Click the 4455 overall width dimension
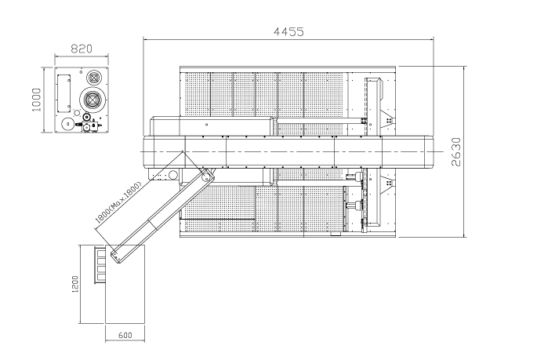click(288, 32)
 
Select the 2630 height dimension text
click(456, 152)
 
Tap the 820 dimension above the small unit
click(82, 49)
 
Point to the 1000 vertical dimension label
click(36, 100)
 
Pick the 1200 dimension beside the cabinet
click(75, 284)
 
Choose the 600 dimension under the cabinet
click(125, 336)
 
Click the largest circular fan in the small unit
click(93, 99)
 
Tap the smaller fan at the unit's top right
click(94, 78)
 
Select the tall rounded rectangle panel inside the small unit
click(63, 93)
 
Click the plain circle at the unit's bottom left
click(68, 124)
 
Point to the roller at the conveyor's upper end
click(206, 176)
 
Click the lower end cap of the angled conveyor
click(116, 256)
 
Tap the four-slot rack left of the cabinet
click(100, 265)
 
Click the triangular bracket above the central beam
click(388, 121)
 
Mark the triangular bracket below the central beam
click(388, 184)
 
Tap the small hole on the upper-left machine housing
click(206, 125)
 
